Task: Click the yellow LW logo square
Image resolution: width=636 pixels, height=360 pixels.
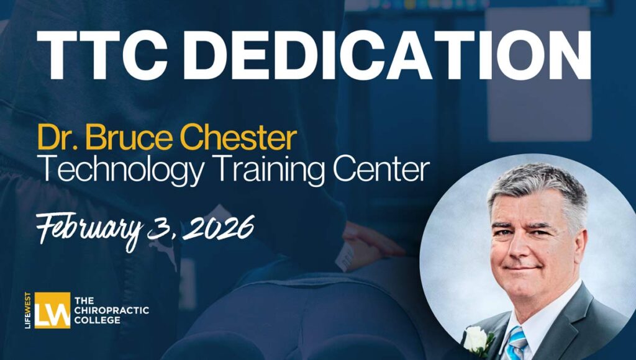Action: (x=52, y=310)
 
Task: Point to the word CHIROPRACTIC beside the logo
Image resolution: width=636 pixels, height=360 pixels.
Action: (x=111, y=311)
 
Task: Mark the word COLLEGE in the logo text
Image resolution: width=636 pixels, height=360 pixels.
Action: (x=97, y=320)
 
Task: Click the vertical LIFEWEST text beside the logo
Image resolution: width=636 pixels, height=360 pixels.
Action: (x=29, y=310)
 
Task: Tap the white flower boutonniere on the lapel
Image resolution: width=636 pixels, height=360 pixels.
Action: (x=476, y=339)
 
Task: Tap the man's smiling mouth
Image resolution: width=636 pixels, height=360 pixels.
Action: (x=522, y=268)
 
